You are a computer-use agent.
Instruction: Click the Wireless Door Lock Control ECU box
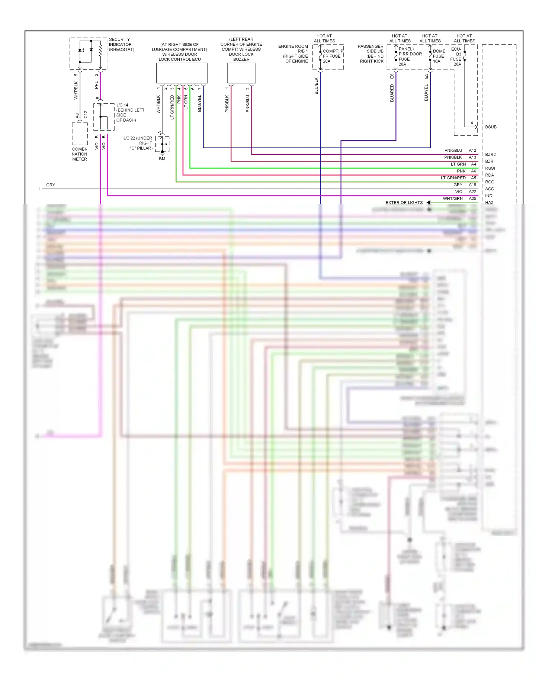(x=182, y=73)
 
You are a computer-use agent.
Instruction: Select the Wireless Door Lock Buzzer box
(x=241, y=73)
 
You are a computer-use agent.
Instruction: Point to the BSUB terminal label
(x=491, y=127)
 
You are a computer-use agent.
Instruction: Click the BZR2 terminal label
(x=490, y=154)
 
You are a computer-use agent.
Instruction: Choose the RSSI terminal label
(x=490, y=168)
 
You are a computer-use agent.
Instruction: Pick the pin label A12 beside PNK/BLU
(x=472, y=150)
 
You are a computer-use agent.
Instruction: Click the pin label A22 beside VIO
(x=472, y=192)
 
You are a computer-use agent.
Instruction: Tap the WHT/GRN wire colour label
(x=453, y=199)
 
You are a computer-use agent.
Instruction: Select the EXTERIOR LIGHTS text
(x=404, y=203)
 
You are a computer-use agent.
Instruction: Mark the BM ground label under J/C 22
(x=162, y=159)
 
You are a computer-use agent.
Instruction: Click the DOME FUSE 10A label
(x=439, y=56)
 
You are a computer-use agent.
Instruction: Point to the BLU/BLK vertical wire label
(x=316, y=86)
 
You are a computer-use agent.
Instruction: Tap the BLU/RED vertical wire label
(x=392, y=93)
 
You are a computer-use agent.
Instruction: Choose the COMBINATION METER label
(x=80, y=154)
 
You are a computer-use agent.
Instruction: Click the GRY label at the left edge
(x=51, y=185)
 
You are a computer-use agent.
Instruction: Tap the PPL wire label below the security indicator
(x=96, y=85)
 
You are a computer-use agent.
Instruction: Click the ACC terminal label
(x=490, y=189)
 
